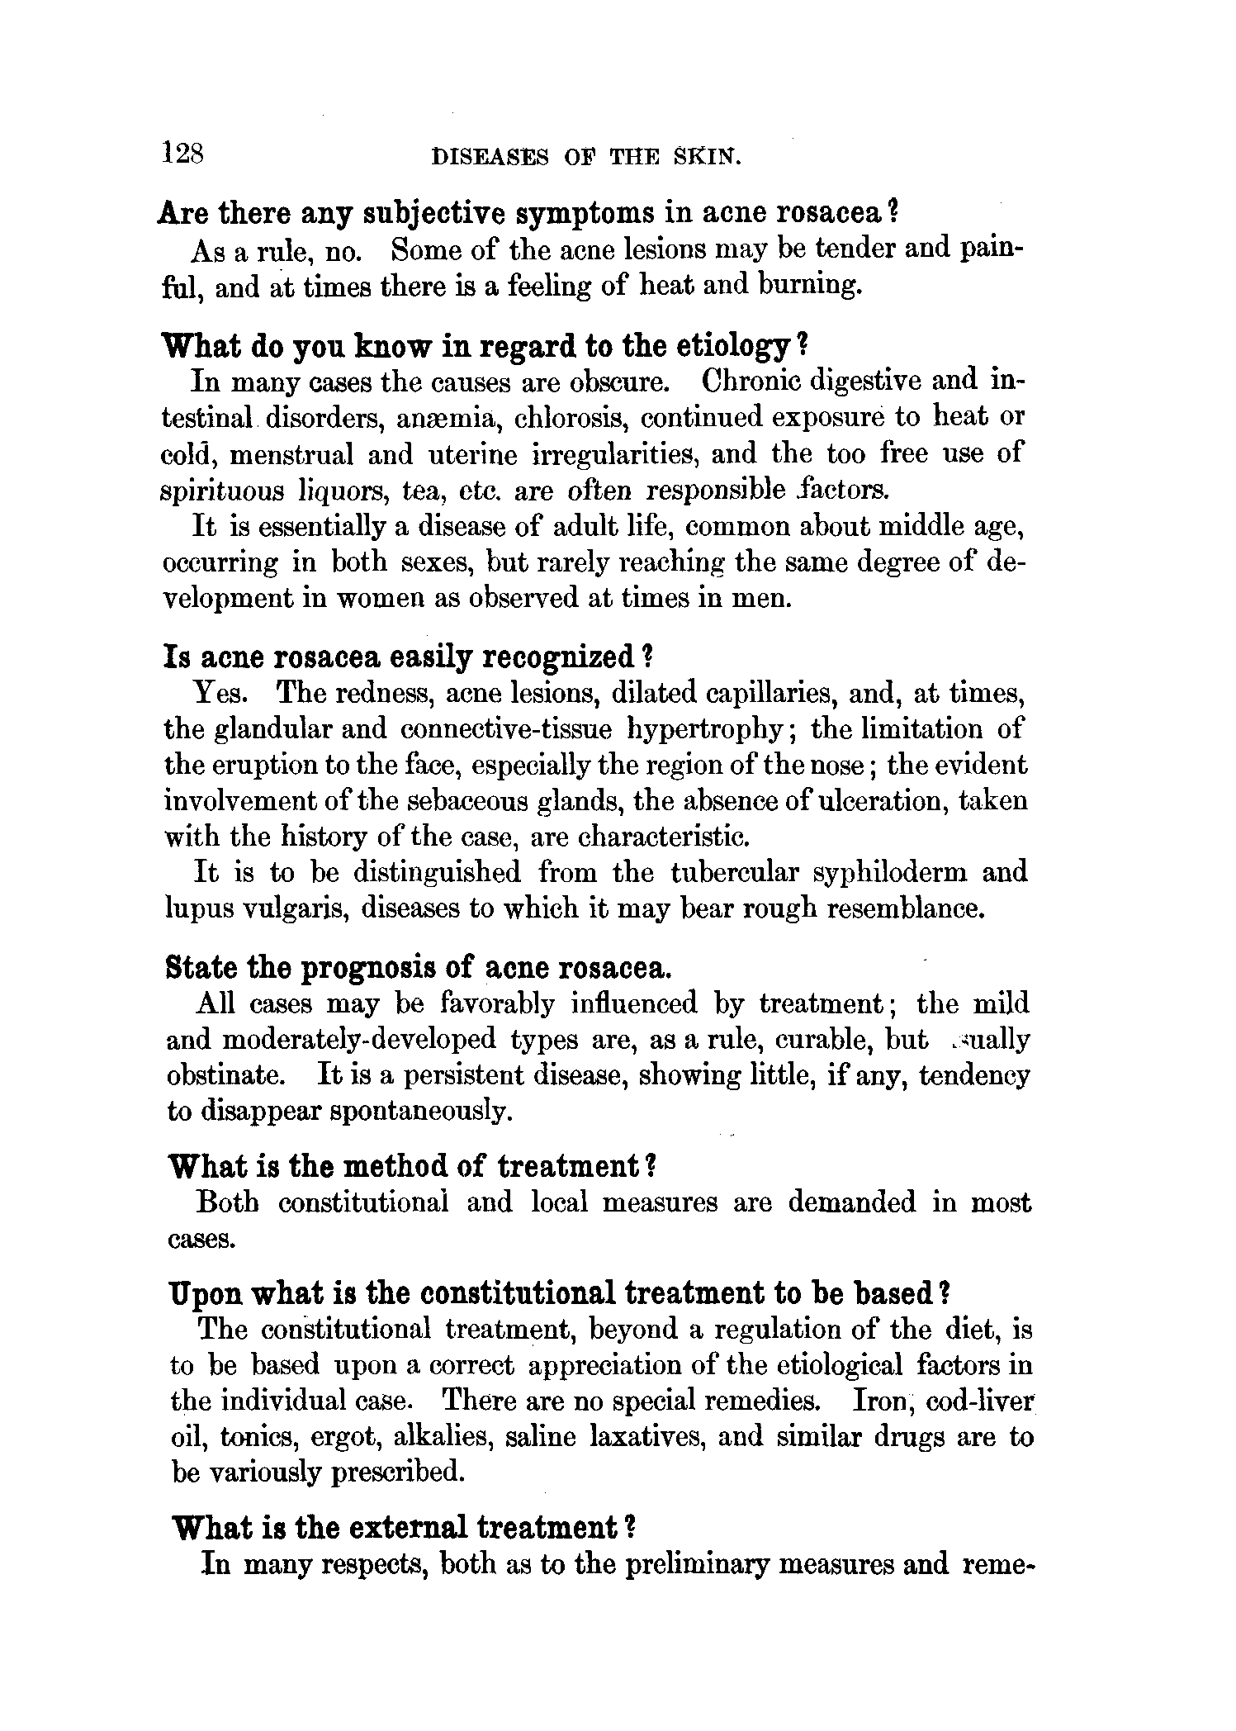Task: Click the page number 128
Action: [x=185, y=153]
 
